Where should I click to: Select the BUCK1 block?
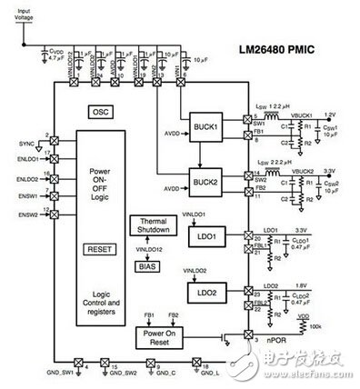coord(205,126)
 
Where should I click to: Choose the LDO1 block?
coord(205,238)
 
